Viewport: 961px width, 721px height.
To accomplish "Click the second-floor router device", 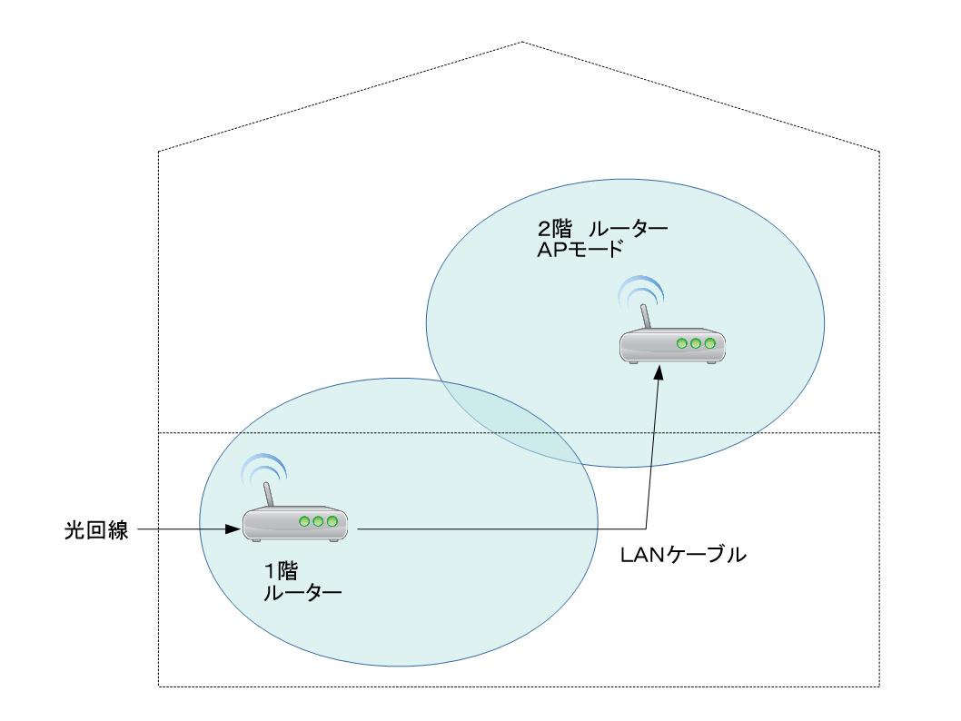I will pos(673,347).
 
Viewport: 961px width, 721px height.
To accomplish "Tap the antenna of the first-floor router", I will pos(269,495).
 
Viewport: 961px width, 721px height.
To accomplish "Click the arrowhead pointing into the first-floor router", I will pos(233,528).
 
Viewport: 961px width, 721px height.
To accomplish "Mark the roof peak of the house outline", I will pos(521,42).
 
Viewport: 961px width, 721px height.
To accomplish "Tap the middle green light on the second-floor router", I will pos(697,344).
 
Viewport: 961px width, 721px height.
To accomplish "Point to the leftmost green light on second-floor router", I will pos(682,344).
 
